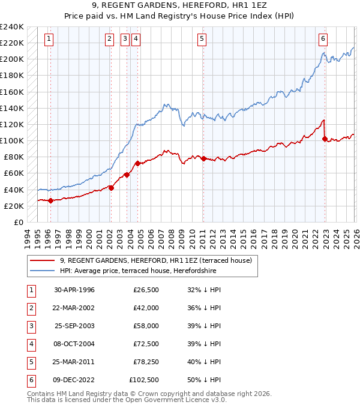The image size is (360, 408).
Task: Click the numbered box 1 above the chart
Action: [48, 39]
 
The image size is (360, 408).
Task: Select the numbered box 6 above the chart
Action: [323, 39]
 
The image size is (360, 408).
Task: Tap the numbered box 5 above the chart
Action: [201, 39]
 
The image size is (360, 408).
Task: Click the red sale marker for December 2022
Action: [325, 139]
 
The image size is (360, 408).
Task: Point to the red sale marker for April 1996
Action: [50, 201]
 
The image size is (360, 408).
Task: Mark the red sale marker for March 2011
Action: [203, 158]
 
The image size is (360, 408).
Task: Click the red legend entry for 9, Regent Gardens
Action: [159, 260]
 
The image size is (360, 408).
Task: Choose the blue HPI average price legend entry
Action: [138, 271]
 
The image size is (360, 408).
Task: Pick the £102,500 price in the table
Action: [144, 380]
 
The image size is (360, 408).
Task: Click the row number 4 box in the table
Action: [30, 344]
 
